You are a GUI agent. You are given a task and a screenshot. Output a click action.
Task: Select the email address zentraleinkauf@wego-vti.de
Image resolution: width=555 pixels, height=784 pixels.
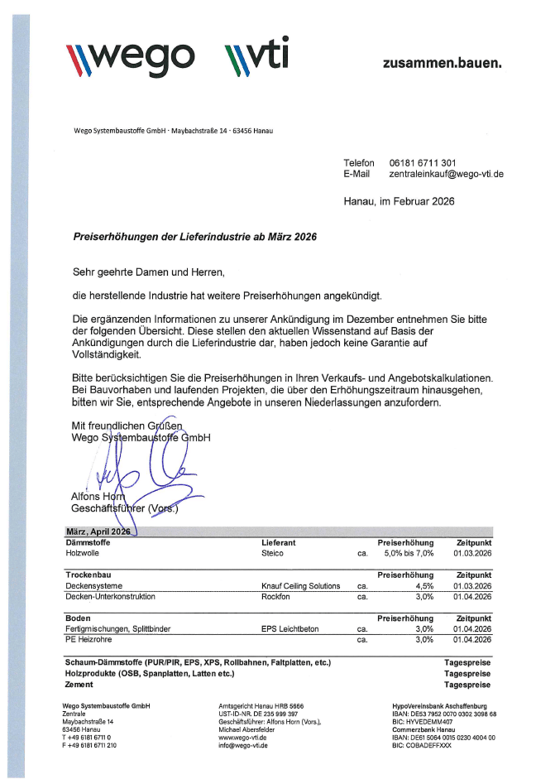coord(446,175)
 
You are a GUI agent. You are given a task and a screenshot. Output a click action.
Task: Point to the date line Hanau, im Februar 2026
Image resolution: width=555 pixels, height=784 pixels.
coord(399,201)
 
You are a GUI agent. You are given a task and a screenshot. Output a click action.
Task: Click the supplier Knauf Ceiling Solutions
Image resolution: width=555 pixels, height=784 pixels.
coord(294,585)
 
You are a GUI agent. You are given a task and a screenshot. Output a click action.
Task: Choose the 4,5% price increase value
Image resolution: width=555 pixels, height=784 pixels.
coord(423,585)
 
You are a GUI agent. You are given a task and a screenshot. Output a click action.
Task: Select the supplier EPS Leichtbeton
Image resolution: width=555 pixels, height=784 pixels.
coord(285,628)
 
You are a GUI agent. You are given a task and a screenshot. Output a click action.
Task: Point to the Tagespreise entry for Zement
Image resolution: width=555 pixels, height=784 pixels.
coord(467,685)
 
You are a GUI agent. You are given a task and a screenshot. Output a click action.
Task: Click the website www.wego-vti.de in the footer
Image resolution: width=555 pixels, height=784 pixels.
coord(242,736)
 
